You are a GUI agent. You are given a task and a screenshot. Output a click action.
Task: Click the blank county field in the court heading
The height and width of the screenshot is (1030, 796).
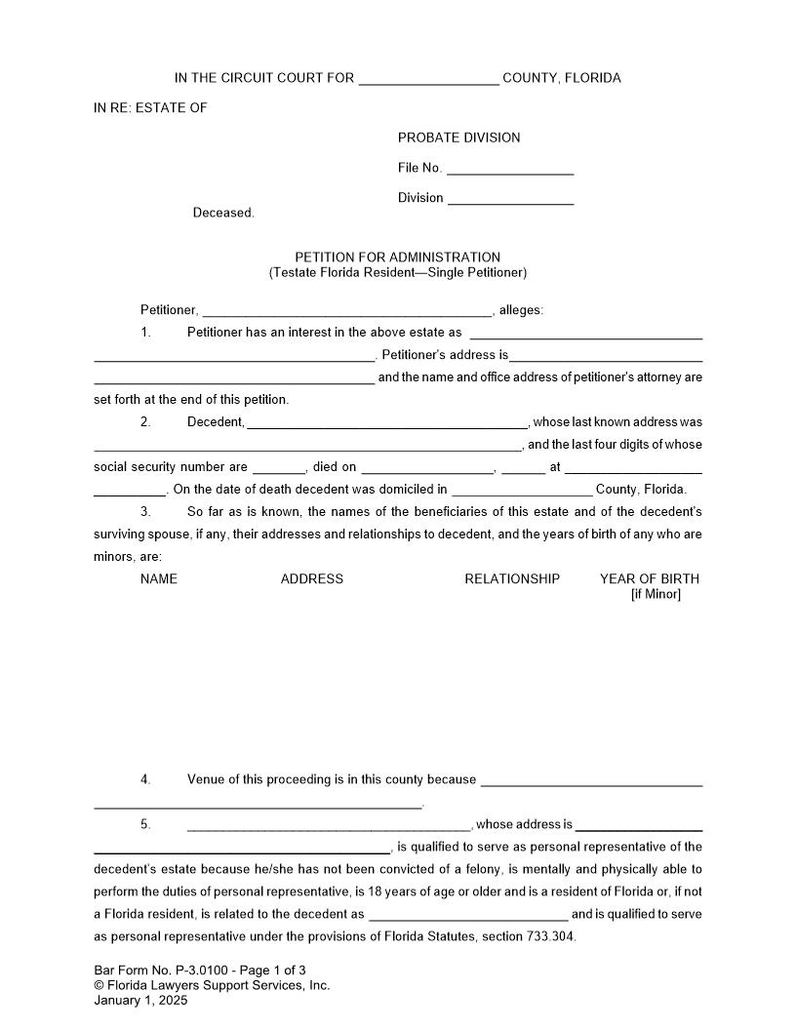(429, 79)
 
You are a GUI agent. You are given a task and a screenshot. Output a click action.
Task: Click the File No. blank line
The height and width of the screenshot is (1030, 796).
(509, 169)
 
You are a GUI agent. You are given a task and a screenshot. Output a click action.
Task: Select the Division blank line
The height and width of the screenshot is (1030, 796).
(510, 199)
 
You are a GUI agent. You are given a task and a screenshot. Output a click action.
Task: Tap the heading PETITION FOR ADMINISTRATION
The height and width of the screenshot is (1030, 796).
(398, 257)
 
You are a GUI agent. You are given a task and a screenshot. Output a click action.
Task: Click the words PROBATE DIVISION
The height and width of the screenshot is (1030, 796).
(458, 138)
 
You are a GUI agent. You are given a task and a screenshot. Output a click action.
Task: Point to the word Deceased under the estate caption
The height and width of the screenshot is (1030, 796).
(223, 213)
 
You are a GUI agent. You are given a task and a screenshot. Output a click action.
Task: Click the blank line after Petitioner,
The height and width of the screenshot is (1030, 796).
(346, 311)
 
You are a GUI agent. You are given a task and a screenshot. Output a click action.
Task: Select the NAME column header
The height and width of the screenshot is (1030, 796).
(159, 579)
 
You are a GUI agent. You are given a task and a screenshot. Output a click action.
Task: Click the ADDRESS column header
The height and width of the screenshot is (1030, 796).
(312, 579)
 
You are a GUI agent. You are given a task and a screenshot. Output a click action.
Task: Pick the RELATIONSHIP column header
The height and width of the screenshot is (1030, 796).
(512, 579)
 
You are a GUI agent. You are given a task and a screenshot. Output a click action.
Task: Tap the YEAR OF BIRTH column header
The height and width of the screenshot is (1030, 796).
(649, 579)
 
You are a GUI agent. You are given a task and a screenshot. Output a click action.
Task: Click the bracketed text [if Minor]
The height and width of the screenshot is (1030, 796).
(656, 594)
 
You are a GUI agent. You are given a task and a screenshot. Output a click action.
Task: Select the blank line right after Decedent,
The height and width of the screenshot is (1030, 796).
(387, 423)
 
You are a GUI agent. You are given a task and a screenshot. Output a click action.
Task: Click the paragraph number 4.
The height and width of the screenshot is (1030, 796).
(145, 779)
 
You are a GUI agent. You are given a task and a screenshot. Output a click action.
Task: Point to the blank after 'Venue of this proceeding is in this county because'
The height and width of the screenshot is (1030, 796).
(592, 780)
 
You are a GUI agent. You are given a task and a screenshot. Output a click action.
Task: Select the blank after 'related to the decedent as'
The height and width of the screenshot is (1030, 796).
(468, 915)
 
